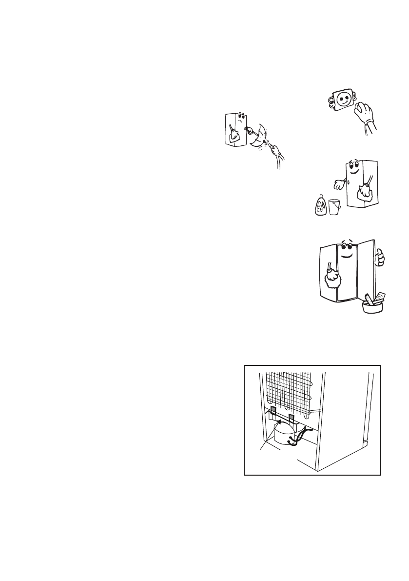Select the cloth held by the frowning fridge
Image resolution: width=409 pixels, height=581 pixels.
tap(235, 139)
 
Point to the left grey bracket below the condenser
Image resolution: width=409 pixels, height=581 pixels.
tap(272, 412)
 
